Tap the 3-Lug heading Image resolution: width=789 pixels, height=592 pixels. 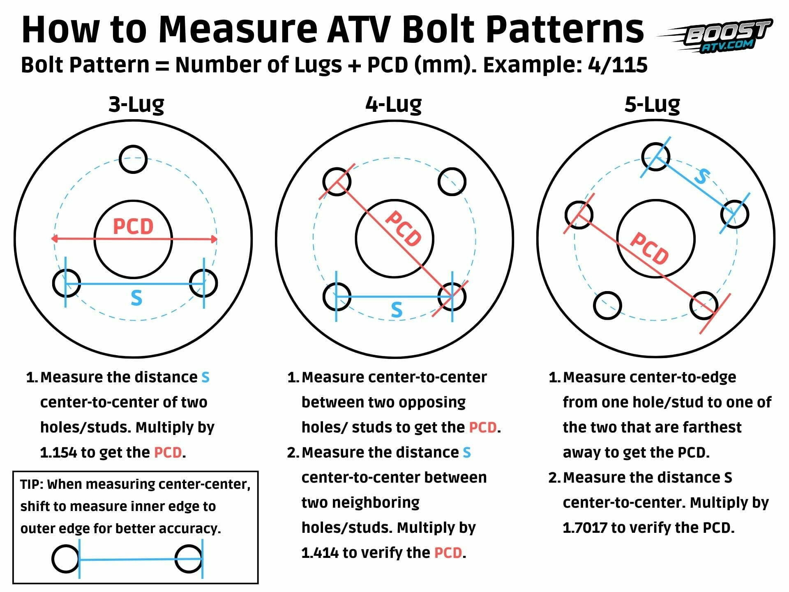point(136,105)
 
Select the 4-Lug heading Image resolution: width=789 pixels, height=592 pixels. point(393,105)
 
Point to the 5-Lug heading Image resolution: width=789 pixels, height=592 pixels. point(652,105)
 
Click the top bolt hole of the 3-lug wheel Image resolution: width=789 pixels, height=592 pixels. point(133,159)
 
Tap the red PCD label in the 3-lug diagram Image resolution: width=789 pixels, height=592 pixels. point(133,227)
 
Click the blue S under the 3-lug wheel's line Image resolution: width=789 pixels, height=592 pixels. point(136,298)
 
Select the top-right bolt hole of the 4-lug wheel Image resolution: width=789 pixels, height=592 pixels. point(452,181)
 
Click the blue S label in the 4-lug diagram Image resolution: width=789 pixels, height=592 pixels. point(397,310)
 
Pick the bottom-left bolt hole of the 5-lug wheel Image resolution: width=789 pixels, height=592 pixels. point(607,305)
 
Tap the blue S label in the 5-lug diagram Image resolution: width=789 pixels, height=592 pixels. point(702,176)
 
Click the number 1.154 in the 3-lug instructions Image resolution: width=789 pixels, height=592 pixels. point(58,453)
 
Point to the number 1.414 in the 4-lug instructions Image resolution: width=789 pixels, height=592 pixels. point(320,553)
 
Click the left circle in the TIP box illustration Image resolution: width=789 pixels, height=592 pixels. point(65,559)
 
